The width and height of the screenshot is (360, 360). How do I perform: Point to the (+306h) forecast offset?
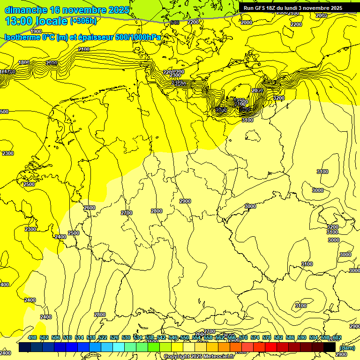tap(83, 21)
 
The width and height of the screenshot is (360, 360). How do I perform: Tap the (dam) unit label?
tap(347, 348)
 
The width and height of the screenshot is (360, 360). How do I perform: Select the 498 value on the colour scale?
tap(32, 338)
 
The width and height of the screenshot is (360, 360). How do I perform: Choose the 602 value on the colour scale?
tap(337, 338)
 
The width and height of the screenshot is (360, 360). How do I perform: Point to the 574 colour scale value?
tap(255, 338)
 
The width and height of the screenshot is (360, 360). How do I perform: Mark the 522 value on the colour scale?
tap(103, 338)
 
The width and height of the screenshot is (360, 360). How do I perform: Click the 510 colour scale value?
tap(67, 338)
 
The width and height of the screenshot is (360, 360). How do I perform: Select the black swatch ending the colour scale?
tap(330, 347)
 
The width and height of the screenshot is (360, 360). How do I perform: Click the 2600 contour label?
tap(89, 208)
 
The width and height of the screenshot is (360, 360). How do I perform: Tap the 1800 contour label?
tap(24, 62)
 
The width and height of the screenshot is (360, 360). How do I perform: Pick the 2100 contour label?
tap(84, 49)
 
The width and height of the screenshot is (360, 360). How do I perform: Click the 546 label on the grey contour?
tap(174, 22)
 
